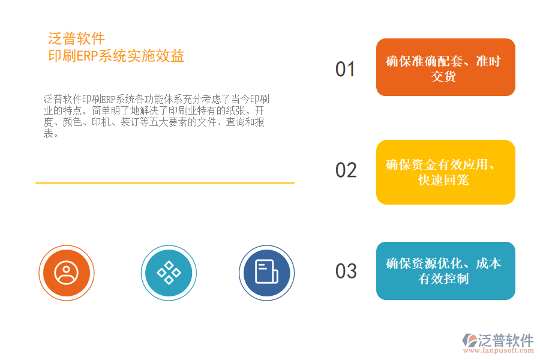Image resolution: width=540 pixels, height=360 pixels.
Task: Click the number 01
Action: point(345,69)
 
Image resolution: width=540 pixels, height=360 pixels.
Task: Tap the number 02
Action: point(346,170)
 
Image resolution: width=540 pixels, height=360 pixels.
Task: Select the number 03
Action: point(346,271)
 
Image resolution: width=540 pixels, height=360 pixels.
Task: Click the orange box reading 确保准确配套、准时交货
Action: point(445,67)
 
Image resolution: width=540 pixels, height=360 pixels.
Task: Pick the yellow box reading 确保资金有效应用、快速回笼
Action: point(445,172)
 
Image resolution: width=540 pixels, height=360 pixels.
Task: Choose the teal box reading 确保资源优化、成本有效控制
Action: point(445,271)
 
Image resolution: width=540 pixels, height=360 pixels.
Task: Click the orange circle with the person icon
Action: point(66,273)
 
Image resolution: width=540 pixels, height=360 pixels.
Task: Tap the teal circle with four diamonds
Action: point(169,273)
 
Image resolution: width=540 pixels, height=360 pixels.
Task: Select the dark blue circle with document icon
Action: point(266,273)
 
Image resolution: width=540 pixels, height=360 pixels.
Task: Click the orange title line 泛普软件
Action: point(76,40)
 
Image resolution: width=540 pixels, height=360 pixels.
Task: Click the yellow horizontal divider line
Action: point(165,182)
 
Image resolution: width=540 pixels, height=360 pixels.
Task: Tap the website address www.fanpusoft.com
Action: point(497,352)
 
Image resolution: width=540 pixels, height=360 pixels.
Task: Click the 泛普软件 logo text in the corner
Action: point(506,340)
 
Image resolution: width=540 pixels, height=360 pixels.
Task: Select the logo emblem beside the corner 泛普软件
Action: point(469,341)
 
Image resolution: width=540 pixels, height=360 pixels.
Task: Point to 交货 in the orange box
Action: point(443,76)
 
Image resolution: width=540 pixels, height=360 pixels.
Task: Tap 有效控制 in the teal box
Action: point(443,279)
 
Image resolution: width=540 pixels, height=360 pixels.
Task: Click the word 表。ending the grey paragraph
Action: point(51,134)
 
